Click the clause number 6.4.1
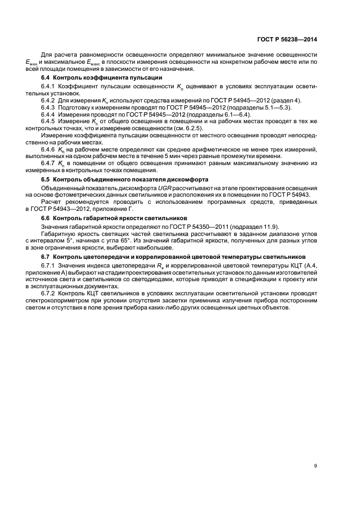pos(48,87)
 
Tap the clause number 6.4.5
pos(48,123)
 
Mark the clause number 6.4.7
pos(48,162)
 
